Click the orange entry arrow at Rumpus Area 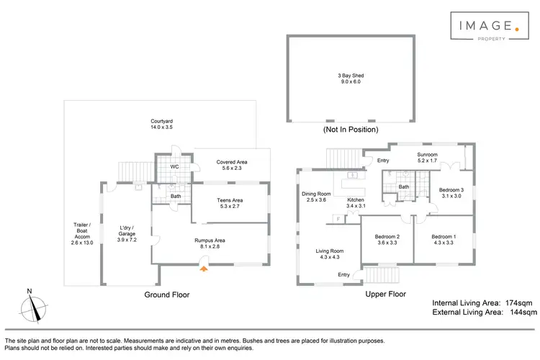(x=204, y=269)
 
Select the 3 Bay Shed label (x=351, y=78)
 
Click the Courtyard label (x=161, y=124)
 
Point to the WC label (x=174, y=167)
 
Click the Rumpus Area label (x=210, y=243)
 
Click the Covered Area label (x=232, y=166)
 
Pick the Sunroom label (x=428, y=158)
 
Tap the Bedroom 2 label (x=387, y=240)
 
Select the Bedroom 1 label (x=444, y=240)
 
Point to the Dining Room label (x=317, y=197)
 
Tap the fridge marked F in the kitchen (x=336, y=218)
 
